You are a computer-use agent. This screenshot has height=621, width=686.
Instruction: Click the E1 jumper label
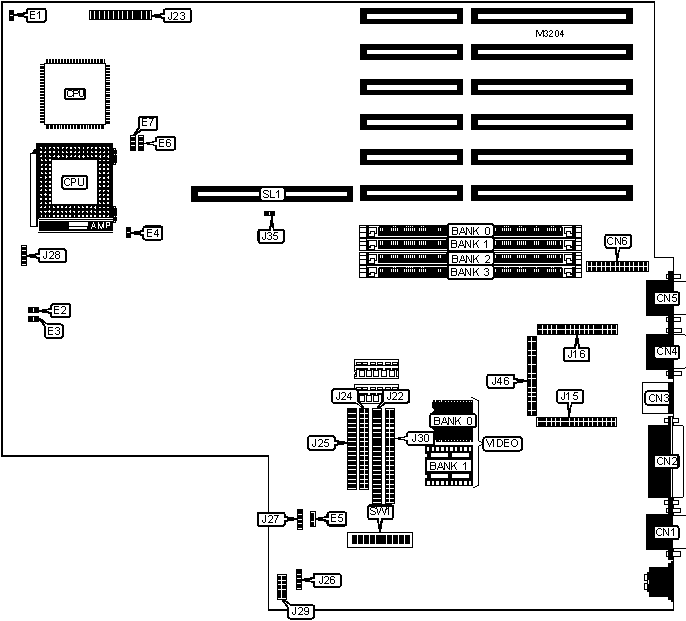click(x=35, y=16)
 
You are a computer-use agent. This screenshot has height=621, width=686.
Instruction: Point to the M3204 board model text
click(x=551, y=35)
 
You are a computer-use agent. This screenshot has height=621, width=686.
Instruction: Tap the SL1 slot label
click(x=272, y=193)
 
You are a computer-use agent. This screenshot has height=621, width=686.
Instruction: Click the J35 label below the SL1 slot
click(x=269, y=236)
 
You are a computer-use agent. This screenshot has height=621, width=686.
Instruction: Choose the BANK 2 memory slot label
click(x=469, y=258)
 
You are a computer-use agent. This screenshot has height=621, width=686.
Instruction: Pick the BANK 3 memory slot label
click(x=469, y=272)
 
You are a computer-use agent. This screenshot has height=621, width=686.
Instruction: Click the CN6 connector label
click(x=617, y=241)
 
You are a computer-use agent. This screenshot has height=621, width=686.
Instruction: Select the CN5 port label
click(x=666, y=298)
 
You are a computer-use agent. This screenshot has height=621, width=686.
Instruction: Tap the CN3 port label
click(x=658, y=398)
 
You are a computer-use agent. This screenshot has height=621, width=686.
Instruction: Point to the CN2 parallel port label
click(x=666, y=461)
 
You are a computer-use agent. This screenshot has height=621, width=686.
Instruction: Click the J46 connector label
click(x=501, y=381)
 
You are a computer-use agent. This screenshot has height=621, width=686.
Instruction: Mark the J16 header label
click(x=576, y=353)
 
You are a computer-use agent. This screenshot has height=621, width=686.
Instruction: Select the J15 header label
click(x=569, y=397)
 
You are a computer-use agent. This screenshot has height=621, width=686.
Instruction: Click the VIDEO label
click(x=501, y=443)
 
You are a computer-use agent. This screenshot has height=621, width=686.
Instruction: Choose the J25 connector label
click(x=320, y=442)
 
